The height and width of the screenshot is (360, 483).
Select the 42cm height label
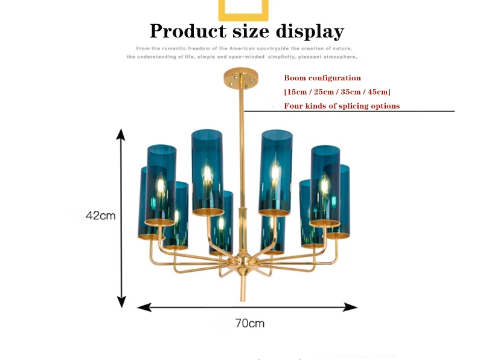100,215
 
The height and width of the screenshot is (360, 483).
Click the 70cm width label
249,323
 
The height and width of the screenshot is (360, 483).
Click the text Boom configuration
322,78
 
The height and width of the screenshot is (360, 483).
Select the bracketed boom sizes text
337,92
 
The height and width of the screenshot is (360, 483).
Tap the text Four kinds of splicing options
342,106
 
